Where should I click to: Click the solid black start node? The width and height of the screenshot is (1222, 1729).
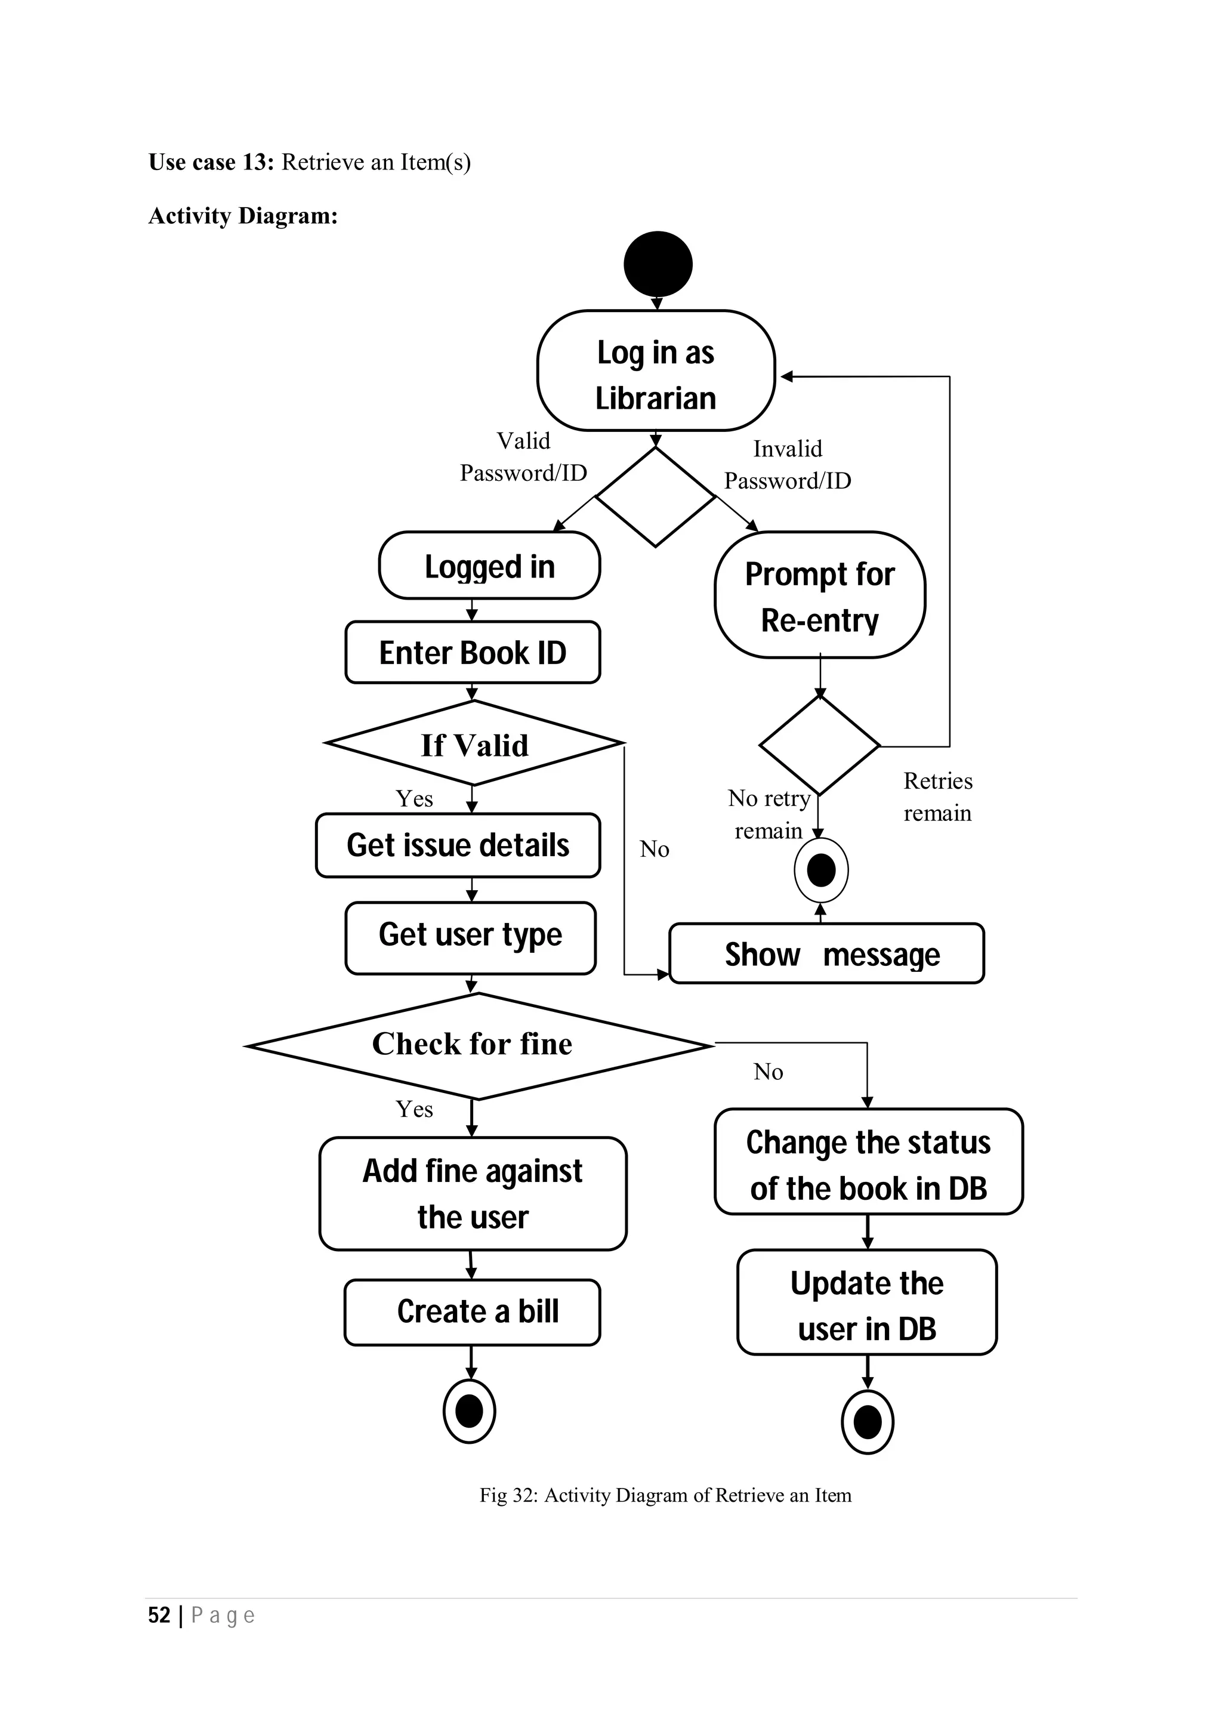pos(658,264)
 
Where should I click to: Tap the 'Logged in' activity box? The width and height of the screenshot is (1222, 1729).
pos(489,566)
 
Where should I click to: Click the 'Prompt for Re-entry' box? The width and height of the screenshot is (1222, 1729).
pos(820,595)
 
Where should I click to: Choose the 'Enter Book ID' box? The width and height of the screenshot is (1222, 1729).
pos(472,652)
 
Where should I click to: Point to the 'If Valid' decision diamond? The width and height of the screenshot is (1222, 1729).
pos(474,744)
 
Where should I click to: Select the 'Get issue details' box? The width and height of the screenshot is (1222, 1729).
pos(458,845)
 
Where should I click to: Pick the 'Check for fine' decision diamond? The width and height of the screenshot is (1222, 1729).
pos(474,1045)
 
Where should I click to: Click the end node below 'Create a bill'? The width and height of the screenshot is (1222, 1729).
pos(469,1410)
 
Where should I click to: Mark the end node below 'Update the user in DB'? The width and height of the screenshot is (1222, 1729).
pos(868,1422)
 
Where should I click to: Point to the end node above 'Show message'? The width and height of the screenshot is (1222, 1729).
pos(820,870)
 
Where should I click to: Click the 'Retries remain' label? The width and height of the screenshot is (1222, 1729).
pos(937,796)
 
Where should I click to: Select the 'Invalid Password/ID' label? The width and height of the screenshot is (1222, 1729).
pos(788,464)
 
